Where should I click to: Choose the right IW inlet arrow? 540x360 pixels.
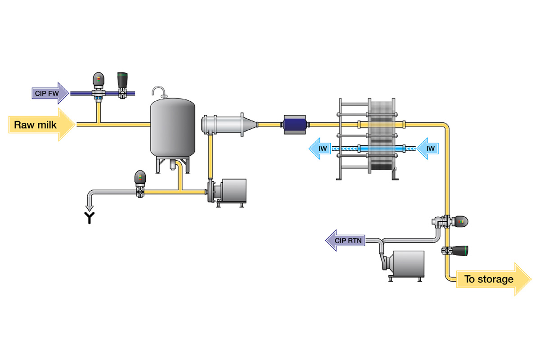[x=428, y=148]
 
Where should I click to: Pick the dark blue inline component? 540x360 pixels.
[x=295, y=123]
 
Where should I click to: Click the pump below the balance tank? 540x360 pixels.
[x=229, y=193]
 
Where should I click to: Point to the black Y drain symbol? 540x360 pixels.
[x=90, y=218]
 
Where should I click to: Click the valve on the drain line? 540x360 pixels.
[x=140, y=184]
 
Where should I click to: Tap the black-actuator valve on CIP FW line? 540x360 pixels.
[x=122, y=85]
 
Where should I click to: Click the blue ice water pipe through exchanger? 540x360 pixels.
[x=373, y=148]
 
